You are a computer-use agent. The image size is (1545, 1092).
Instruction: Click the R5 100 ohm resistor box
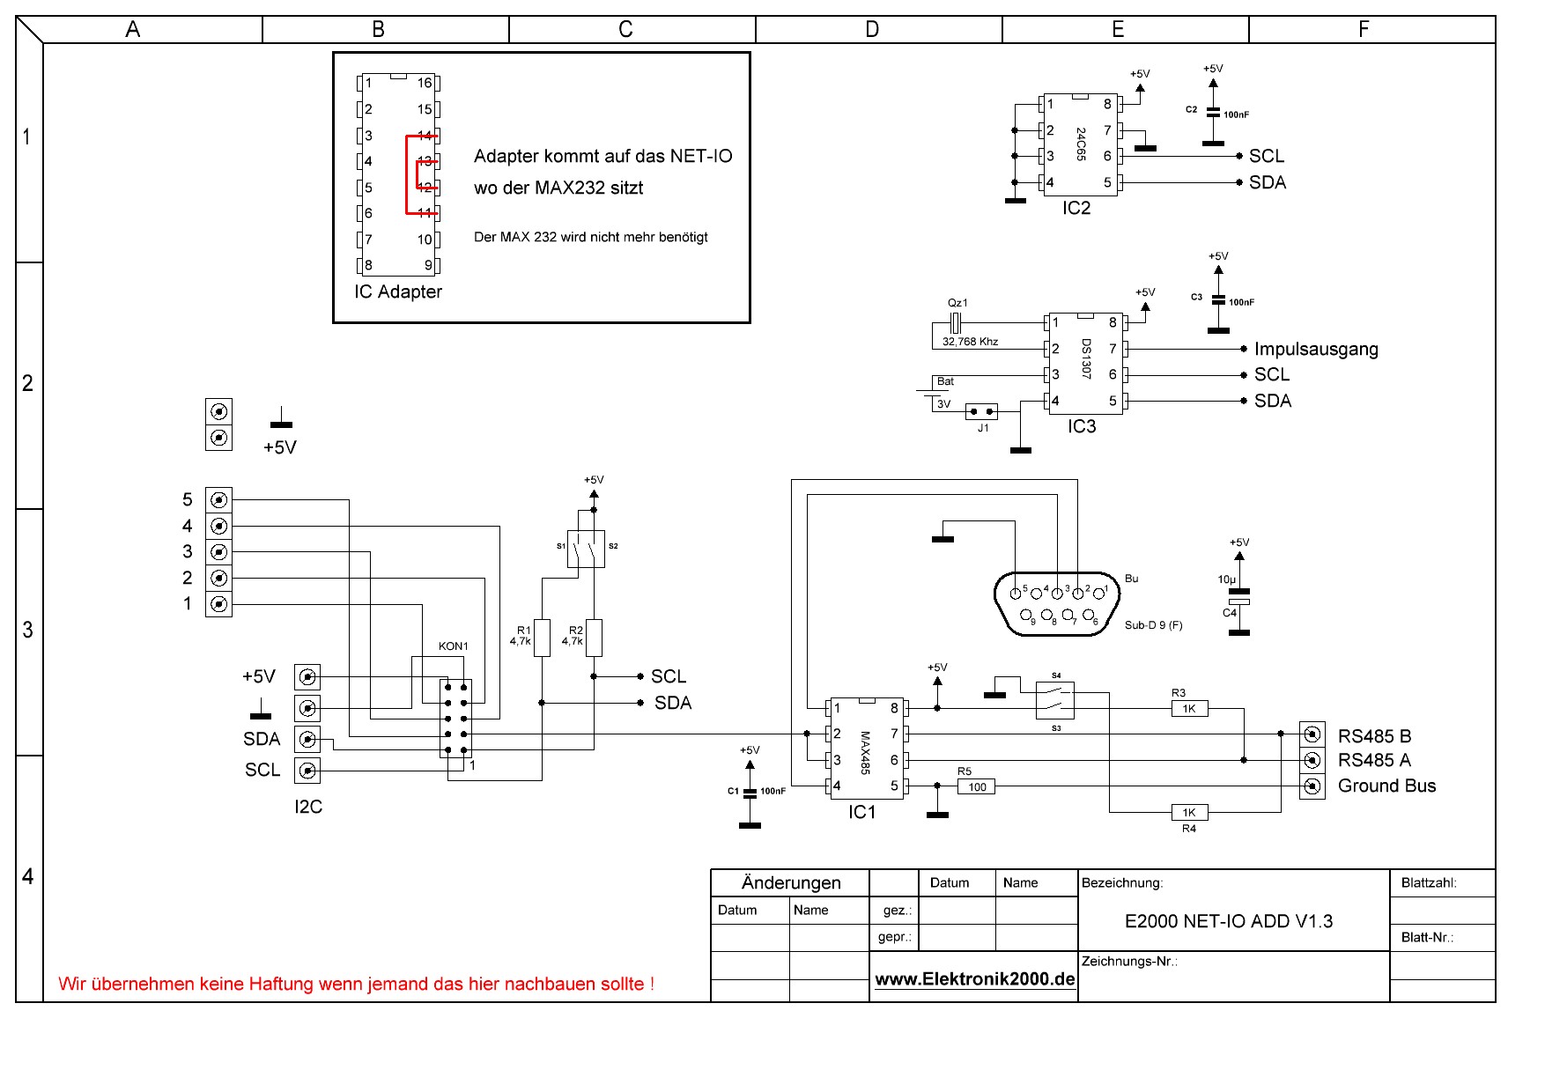[x=977, y=786]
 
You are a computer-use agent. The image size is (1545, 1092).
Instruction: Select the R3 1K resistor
[x=1189, y=708]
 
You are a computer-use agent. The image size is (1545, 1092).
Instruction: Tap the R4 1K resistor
[x=1189, y=812]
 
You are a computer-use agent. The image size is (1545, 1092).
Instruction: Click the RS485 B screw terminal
[x=1312, y=734]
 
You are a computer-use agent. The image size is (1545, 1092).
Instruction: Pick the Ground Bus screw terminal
[x=1312, y=786]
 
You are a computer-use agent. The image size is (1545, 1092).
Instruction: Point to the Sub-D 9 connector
[x=1057, y=603]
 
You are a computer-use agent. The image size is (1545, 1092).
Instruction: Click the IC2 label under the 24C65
[x=1076, y=208]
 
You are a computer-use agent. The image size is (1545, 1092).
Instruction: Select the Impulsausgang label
[x=1316, y=349]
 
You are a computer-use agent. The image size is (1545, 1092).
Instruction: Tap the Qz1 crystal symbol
[x=954, y=322]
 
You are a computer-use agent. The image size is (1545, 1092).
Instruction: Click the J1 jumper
[x=982, y=411]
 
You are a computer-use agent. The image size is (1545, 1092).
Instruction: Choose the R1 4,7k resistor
[x=542, y=638]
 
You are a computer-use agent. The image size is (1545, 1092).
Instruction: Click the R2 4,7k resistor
[x=594, y=638]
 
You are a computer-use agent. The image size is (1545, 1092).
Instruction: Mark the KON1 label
[x=454, y=646]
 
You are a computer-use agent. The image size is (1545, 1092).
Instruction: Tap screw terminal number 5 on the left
[x=218, y=499]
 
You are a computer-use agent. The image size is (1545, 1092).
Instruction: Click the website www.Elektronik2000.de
[x=975, y=979]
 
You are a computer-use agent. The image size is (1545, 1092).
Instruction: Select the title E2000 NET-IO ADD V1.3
[x=1229, y=921]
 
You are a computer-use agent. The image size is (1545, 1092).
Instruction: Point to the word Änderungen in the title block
[x=791, y=882]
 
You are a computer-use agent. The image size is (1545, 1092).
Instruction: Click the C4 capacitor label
[x=1230, y=613]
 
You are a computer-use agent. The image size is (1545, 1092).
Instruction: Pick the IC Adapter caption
[x=398, y=291]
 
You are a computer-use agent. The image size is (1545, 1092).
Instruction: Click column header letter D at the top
[x=872, y=30]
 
